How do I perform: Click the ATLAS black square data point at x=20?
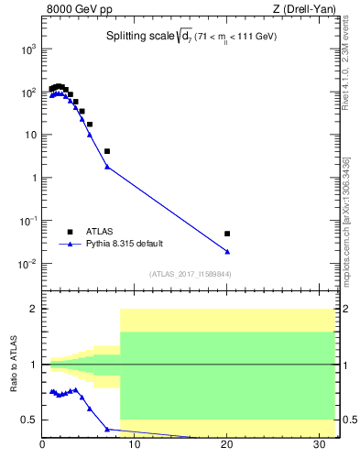pos(227,234)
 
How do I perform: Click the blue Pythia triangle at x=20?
pos(227,251)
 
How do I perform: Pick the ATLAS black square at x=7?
pos(107,151)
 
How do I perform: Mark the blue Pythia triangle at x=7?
pos(107,167)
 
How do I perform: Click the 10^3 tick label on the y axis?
pos(26,49)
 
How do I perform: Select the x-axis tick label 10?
pos(135,448)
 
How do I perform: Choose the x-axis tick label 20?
pos(227,448)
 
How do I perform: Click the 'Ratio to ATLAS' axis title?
pos(13,365)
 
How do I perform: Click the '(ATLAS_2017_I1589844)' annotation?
pos(190,274)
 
